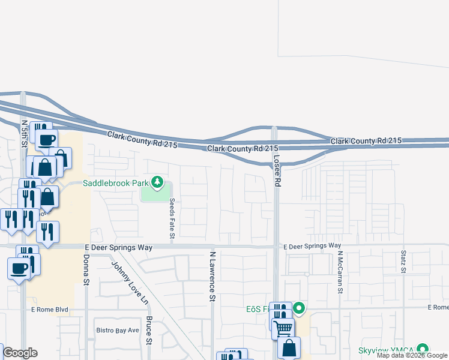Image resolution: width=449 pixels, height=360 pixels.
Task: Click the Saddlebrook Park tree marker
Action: (x=157, y=181)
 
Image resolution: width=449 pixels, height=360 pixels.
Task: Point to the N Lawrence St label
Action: (x=212, y=276)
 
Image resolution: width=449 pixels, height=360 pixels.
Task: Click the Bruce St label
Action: (x=149, y=331)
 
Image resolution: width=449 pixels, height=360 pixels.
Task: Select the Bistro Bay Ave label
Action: (x=118, y=330)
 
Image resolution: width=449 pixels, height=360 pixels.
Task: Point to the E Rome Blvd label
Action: (x=49, y=310)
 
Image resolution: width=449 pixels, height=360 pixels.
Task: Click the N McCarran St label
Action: (x=340, y=271)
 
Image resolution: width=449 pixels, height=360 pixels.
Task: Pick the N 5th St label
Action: (x=25, y=133)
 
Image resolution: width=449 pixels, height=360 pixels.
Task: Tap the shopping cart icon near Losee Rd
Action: (x=283, y=328)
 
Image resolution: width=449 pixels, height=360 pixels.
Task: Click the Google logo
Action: (x=19, y=352)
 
